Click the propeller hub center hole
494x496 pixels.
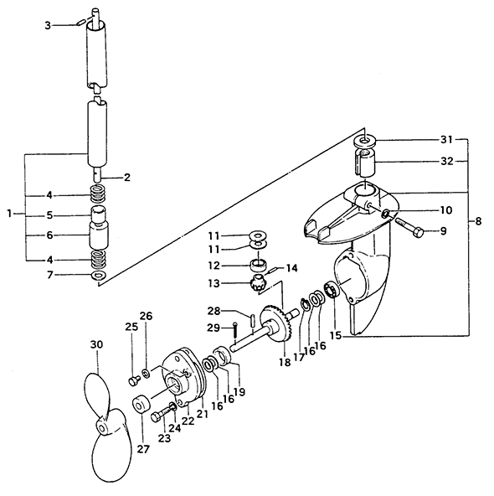click(103, 429)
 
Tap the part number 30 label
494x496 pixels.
click(97, 344)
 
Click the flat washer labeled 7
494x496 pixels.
click(99, 275)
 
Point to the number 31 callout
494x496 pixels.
click(446, 139)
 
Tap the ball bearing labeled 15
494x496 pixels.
click(332, 289)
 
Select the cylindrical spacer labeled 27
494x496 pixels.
click(141, 404)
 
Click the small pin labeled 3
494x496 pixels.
click(80, 23)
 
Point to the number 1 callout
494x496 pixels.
click(10, 214)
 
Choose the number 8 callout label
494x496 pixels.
click(478, 221)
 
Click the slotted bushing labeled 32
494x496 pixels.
click(364, 163)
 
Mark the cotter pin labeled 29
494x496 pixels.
click(234, 330)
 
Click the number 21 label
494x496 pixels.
click(203, 413)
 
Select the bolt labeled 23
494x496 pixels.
click(164, 414)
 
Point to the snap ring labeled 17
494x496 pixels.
click(306, 304)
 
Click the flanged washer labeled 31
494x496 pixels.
click(364, 141)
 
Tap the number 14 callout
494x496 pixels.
click(291, 269)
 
